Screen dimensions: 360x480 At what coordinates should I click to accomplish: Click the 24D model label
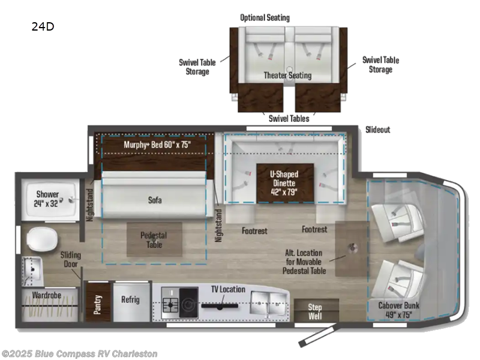41,26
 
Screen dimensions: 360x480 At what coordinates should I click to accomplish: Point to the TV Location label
227,289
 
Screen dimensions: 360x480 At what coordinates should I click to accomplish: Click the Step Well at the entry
315,311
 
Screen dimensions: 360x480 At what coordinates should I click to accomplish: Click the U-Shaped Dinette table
284,182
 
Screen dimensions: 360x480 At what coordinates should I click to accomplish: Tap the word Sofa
154,200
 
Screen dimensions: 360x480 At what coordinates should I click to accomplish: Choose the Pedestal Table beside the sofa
153,240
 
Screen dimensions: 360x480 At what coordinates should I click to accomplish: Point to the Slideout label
378,130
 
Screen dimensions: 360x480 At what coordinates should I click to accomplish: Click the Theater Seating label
287,75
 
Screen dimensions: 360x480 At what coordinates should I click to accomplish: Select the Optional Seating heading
265,17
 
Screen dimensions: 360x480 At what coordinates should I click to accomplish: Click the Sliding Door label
71,259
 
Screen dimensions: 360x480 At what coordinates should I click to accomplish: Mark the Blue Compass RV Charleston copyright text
79,353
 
